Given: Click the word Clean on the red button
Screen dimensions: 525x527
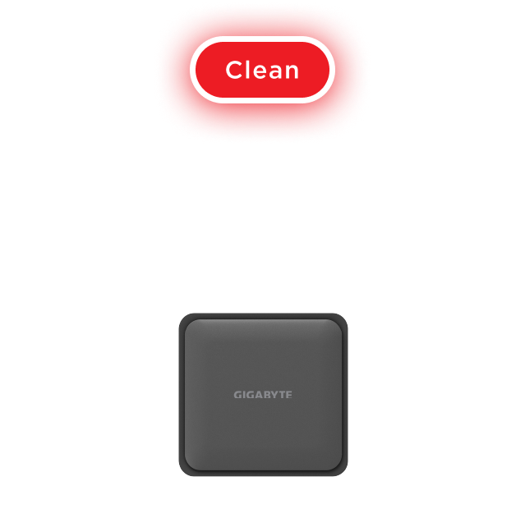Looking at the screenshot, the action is pyautogui.click(x=262, y=70).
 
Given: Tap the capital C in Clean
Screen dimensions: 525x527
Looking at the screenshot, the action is pyautogui.click(x=234, y=70).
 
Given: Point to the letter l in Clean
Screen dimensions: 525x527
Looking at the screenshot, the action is pyautogui.click(x=249, y=70).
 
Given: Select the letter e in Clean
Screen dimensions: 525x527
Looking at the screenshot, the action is pyautogui.click(x=261, y=72).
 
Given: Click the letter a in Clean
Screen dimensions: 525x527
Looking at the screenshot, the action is pyautogui.click(x=277, y=72).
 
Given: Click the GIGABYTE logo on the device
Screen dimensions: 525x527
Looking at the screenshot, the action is pyautogui.click(x=263, y=395).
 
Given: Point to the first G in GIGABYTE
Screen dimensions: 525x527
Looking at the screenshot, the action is pyautogui.click(x=237, y=395).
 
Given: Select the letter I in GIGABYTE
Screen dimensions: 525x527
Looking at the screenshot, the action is pyautogui.click(x=244, y=395).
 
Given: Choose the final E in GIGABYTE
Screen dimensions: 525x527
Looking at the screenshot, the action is pyautogui.click(x=289, y=395).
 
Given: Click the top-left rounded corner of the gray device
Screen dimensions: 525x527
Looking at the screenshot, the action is pyautogui.click(x=183, y=318).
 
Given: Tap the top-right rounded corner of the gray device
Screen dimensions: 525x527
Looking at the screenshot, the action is pyautogui.click(x=343, y=318).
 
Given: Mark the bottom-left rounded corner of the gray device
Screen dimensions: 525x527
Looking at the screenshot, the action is pyautogui.click(x=183, y=471).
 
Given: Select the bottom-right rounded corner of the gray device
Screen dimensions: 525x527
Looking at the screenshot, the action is pyautogui.click(x=343, y=471).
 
